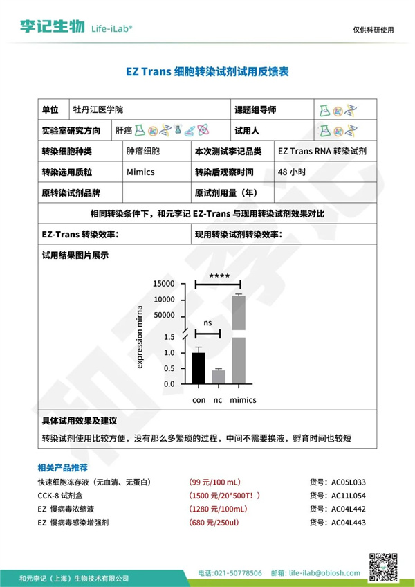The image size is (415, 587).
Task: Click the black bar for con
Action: point(199,368)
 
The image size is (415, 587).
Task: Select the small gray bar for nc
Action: point(219,377)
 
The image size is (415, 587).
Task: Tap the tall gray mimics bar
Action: point(239,339)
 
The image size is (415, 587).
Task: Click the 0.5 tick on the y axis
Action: point(169,369)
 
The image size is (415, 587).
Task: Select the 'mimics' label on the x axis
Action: point(243,400)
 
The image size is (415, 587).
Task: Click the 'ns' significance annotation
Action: point(207,323)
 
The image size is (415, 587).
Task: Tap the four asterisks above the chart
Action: point(219,276)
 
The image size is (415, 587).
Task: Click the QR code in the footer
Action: point(382,567)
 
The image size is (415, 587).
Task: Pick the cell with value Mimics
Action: point(140,172)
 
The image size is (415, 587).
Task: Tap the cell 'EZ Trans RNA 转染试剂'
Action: point(322,151)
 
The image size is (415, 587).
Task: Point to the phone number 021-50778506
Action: point(237,573)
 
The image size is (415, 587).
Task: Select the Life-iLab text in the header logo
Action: point(111,27)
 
